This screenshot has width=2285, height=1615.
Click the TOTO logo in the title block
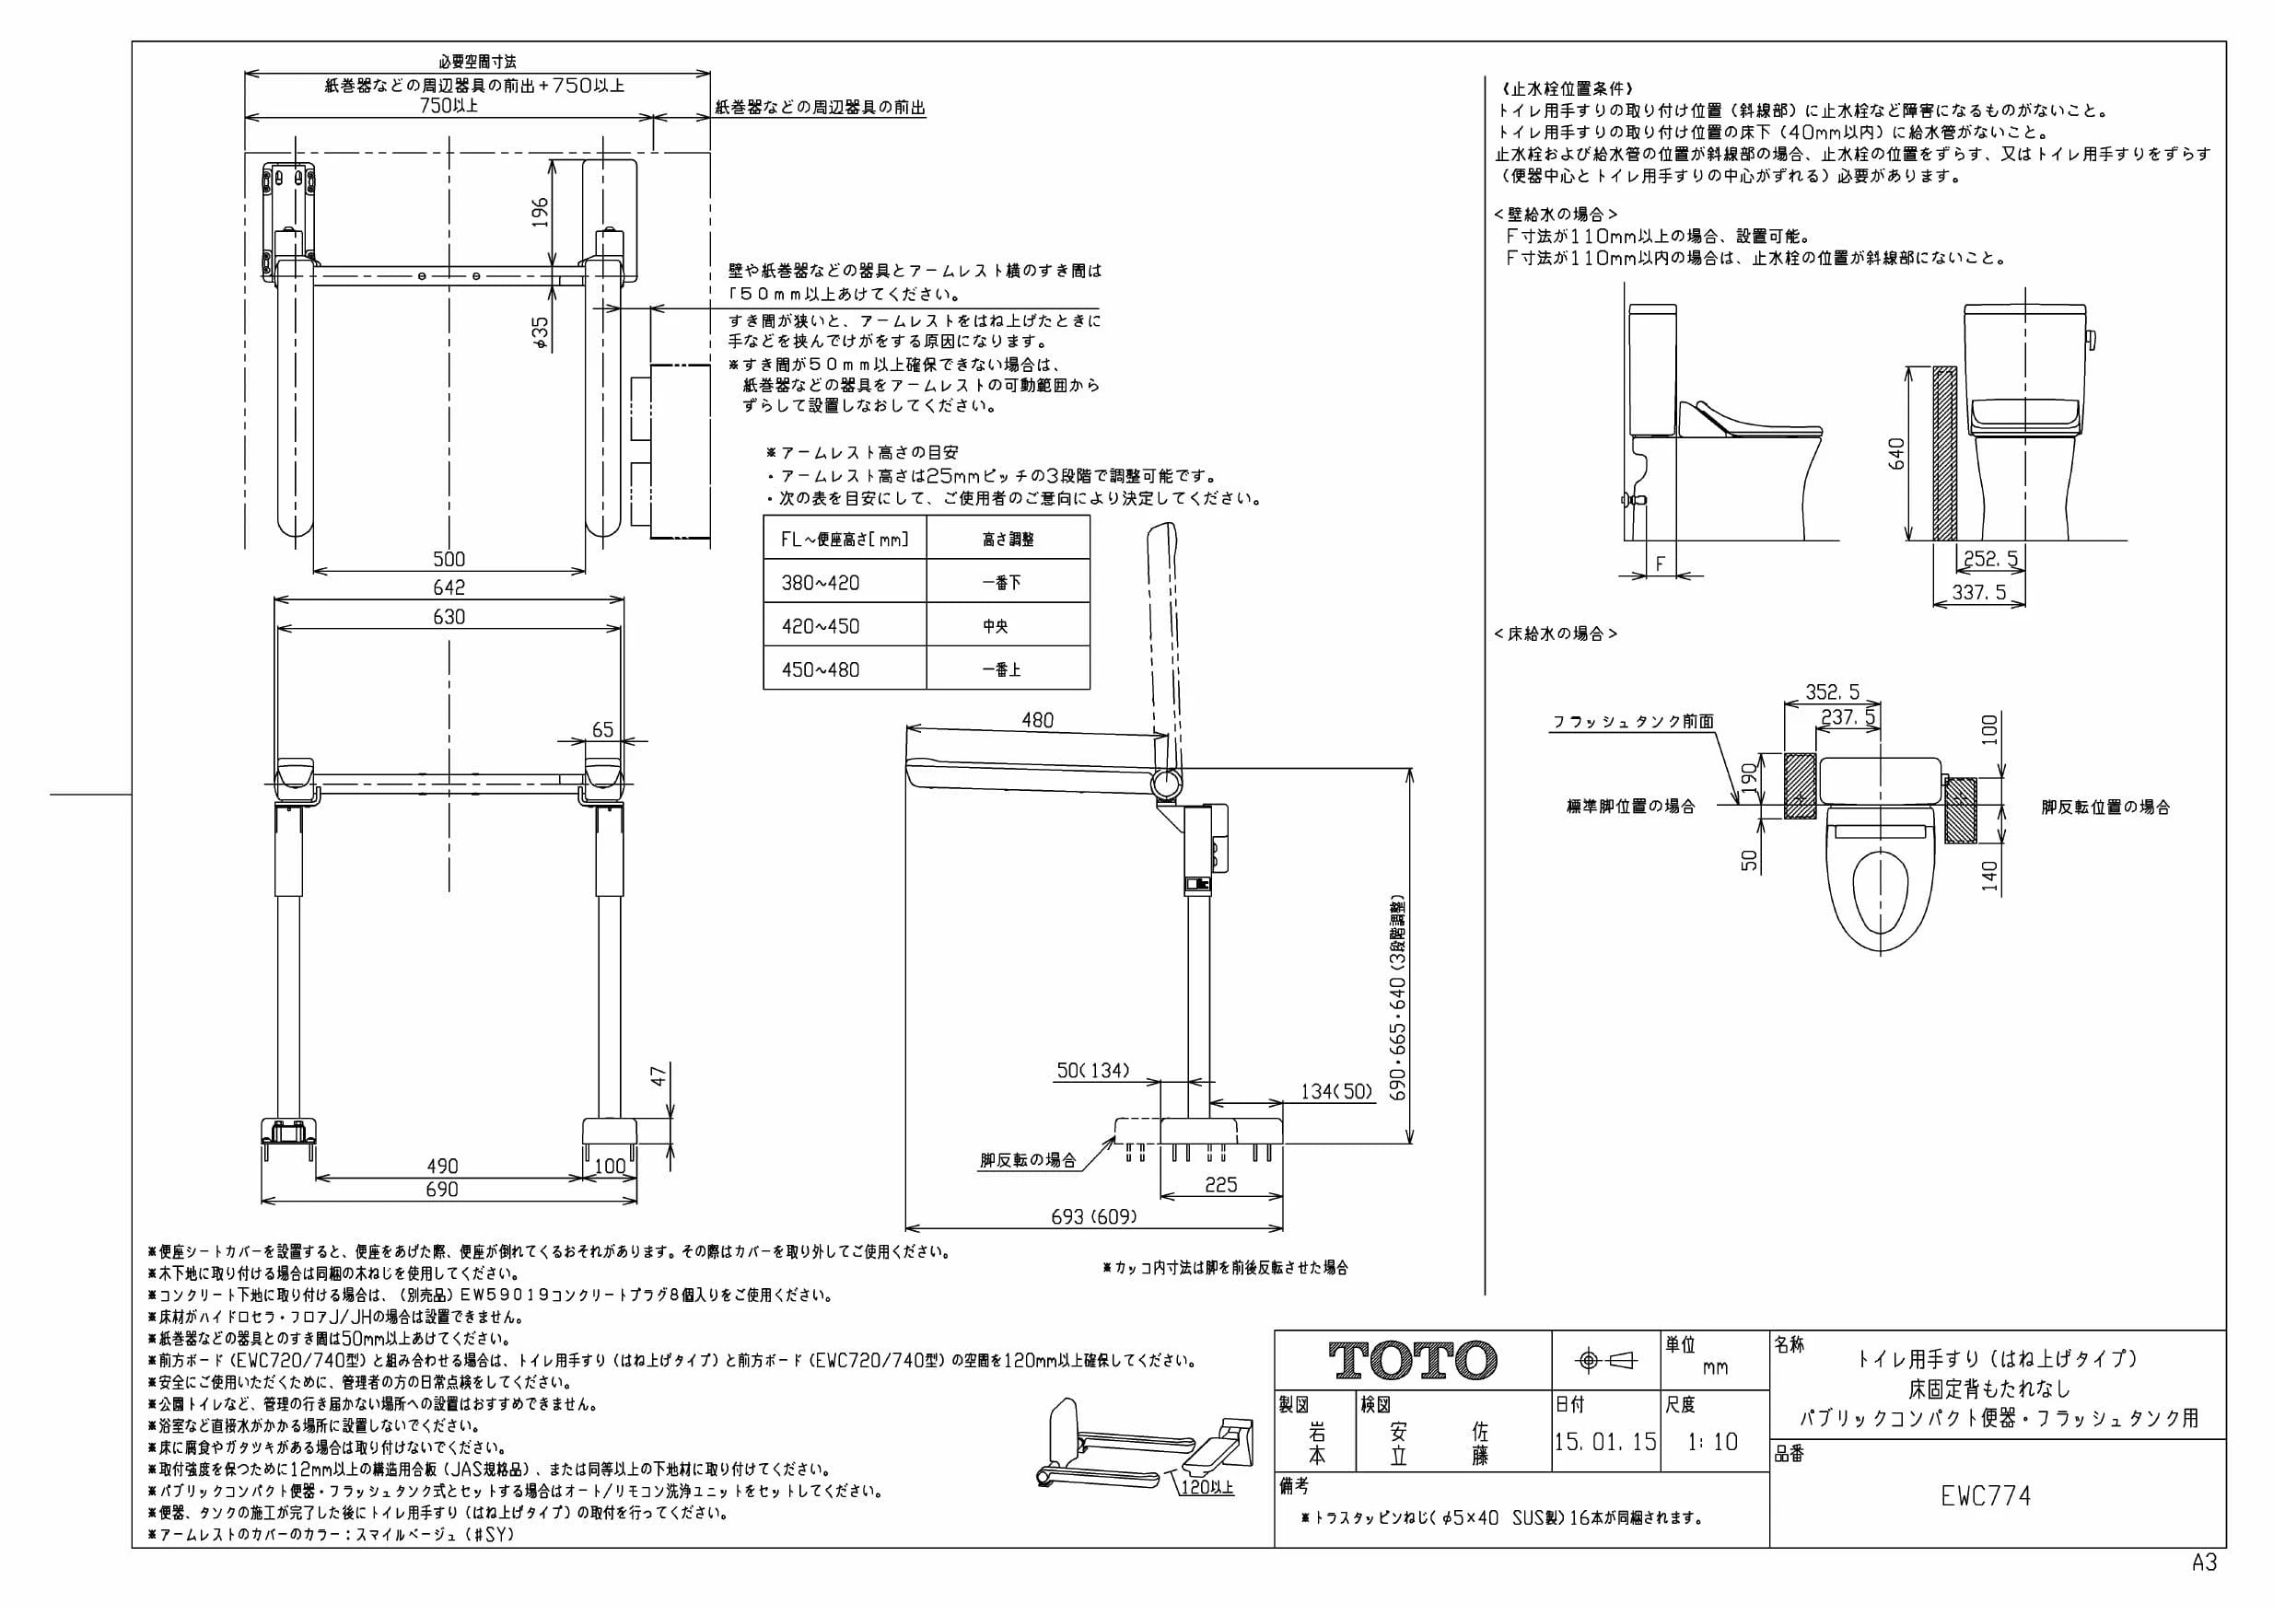(x=1413, y=1360)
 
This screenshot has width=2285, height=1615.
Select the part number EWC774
(x=1986, y=1496)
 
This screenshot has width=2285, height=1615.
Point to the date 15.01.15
(x=1605, y=1442)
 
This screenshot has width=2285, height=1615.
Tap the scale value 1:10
(x=1713, y=1442)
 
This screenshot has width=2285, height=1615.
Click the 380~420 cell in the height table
(x=820, y=582)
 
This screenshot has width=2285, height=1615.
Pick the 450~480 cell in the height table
(x=820, y=669)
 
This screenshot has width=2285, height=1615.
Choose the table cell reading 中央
(x=996, y=626)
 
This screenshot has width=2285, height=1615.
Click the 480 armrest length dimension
(x=1037, y=719)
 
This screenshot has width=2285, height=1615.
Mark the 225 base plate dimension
(x=1220, y=1184)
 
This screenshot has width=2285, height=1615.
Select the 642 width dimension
(x=449, y=587)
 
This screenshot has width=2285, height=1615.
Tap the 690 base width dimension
(x=442, y=1189)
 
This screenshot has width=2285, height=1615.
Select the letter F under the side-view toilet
(x=1660, y=564)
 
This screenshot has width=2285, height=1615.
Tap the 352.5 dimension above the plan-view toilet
(x=1832, y=692)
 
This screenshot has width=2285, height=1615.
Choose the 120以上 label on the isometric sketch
(x=1207, y=1487)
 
